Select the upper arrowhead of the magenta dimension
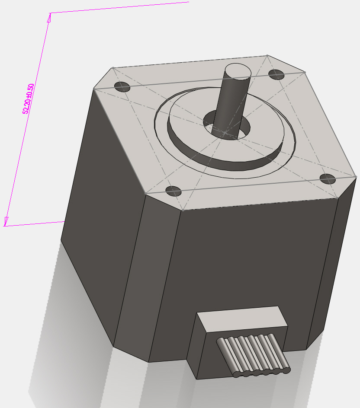click(49, 17)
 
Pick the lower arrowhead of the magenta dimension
click(6, 221)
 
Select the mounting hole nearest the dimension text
click(122, 87)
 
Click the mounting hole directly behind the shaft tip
click(276, 74)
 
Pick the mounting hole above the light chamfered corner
click(174, 191)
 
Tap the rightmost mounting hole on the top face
click(328, 178)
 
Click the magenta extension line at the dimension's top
click(121, 7)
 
